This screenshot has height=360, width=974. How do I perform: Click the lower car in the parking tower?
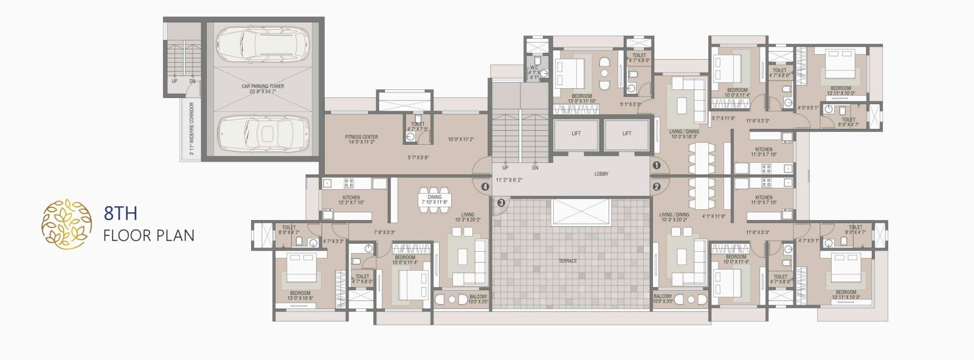pos(262,132)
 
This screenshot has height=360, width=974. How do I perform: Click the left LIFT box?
pos(576,134)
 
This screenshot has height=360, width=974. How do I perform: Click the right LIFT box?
pos(627,134)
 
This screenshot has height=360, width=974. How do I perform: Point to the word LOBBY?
pos(601,174)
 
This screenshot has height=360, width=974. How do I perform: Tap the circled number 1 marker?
pos(657,165)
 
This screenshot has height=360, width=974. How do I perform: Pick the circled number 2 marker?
pos(657,187)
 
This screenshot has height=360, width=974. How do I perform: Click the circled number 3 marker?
pos(501,202)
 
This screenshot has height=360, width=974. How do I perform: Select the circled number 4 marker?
pos(485,187)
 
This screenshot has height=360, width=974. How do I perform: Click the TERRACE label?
pos(568,261)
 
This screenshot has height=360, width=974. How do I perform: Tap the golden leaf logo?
pos(66,224)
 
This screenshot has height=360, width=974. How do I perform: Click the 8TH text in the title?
pos(120,213)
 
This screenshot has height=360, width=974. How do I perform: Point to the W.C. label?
pos(534,68)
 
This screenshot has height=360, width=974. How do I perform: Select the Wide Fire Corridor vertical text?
pos(192,128)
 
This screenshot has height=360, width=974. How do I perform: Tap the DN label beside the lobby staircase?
pos(535,168)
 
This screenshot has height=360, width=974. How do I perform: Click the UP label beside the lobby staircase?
pos(505,168)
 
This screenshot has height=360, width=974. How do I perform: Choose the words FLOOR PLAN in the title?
pos(149,236)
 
